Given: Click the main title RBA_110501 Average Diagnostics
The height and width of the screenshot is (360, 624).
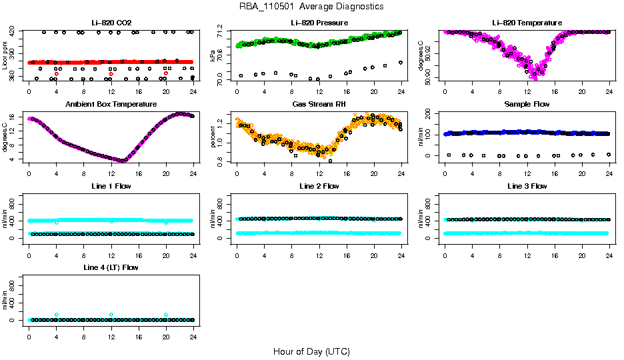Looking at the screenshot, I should click(x=311, y=7).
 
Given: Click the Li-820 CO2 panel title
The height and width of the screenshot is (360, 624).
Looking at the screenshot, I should click(x=111, y=23).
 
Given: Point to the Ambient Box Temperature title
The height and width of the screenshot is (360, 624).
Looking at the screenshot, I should click(x=111, y=105).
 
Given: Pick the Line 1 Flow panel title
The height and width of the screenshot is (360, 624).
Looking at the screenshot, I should click(x=111, y=186).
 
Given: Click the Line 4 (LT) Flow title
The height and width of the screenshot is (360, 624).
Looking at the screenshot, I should click(x=111, y=267).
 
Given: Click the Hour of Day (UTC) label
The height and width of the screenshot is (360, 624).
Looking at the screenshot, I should click(x=311, y=351).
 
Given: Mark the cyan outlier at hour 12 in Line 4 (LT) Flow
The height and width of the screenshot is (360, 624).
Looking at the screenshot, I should click(x=111, y=314).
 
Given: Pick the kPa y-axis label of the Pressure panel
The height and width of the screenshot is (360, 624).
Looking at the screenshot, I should click(x=213, y=56).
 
